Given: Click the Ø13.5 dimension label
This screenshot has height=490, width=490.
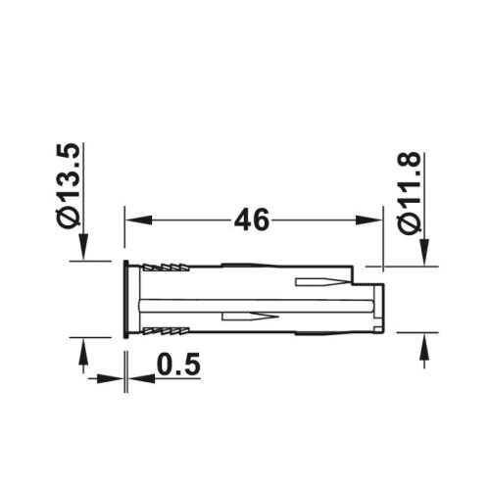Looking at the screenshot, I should click(x=72, y=186).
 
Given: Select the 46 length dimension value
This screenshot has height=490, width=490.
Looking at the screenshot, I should click(x=252, y=220).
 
